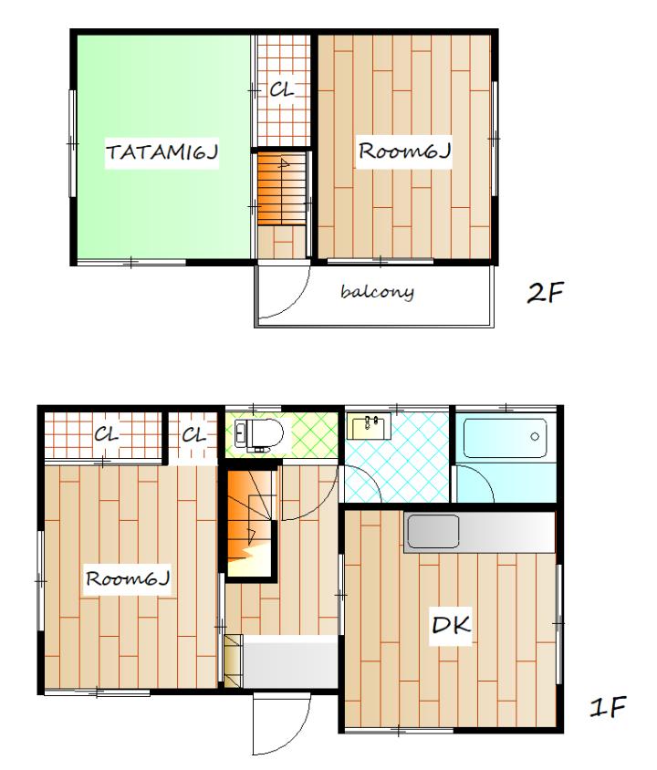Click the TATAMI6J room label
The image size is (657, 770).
162,152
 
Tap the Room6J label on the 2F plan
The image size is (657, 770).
403,151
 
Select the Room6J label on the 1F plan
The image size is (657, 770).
128,578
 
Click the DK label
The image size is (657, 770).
452,624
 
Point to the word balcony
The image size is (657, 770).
377,292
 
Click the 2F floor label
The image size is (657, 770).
545,292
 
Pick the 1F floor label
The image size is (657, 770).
608,707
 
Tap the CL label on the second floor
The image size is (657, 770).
282,90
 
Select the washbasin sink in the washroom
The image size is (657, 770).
369,426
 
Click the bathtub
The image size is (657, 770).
506,438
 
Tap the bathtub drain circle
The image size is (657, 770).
535,436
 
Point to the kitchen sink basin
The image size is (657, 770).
433,531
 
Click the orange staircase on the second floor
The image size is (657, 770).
282,190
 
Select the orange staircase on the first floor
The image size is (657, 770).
249,523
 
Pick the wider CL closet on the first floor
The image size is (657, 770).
103,435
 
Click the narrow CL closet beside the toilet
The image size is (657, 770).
193,435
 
